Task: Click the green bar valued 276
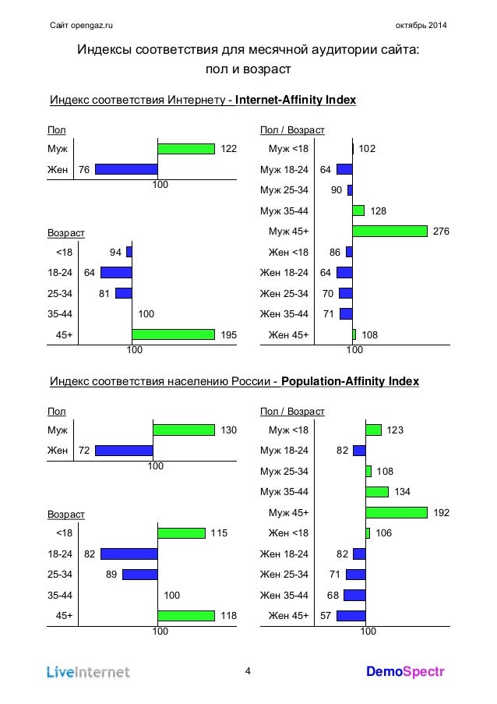389,232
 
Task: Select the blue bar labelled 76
126,169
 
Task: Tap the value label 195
229,335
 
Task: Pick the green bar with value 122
186,149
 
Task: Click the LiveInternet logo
88,672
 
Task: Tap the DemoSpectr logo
405,672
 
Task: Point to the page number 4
248,671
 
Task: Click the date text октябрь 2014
421,25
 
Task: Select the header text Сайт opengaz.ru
81,25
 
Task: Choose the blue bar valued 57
351,616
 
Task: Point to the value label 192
442,513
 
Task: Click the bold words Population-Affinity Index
351,381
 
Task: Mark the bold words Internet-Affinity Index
295,100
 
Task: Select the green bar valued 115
182,533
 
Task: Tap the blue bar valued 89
140,575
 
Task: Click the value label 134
403,492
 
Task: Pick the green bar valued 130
184,430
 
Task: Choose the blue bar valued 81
124,294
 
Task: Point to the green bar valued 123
374,430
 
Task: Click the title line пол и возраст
248,69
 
